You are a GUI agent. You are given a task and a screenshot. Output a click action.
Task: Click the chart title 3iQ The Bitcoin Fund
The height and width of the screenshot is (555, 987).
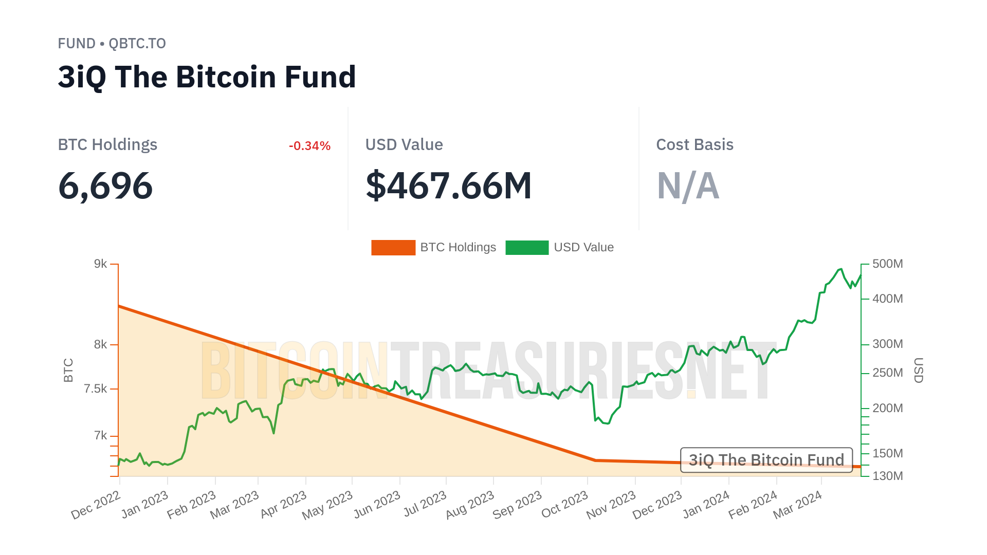(x=207, y=77)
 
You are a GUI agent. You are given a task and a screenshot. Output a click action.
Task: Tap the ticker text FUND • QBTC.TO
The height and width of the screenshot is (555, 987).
(x=112, y=44)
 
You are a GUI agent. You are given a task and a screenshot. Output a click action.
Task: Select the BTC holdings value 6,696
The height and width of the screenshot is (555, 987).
(x=105, y=186)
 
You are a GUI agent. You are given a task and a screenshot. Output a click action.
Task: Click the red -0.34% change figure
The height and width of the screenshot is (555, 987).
(x=309, y=146)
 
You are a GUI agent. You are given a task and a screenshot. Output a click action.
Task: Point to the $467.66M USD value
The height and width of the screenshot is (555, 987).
(x=448, y=186)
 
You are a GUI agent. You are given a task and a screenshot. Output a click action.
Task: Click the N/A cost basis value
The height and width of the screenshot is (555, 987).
(x=688, y=186)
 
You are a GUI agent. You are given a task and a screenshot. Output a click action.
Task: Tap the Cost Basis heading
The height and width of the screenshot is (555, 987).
(x=694, y=145)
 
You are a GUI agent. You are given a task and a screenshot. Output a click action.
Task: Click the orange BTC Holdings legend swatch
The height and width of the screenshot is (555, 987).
(x=393, y=248)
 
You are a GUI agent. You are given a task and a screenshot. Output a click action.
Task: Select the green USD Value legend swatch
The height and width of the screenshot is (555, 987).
(x=527, y=248)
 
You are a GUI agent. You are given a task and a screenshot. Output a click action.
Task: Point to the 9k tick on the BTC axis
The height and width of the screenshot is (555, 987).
(x=101, y=264)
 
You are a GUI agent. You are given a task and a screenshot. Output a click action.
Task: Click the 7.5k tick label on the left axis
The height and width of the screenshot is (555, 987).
(x=96, y=389)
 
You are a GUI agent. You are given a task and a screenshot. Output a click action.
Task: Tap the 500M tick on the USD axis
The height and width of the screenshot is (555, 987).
(x=887, y=264)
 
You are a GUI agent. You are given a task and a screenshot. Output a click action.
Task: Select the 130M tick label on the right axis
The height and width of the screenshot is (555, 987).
(x=887, y=476)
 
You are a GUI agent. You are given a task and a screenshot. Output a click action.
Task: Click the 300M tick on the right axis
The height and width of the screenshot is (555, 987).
(x=887, y=344)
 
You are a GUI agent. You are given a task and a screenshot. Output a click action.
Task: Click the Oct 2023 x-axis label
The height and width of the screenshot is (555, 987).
(x=564, y=505)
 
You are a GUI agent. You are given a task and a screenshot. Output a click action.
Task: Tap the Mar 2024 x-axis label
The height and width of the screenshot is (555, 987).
(x=797, y=505)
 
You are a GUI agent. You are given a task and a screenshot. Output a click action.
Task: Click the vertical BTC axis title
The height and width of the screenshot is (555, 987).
(x=68, y=370)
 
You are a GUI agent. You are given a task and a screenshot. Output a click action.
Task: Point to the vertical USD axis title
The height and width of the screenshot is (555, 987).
(x=918, y=370)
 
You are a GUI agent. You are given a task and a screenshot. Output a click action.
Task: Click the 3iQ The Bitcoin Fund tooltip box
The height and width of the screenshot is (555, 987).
(x=766, y=460)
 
